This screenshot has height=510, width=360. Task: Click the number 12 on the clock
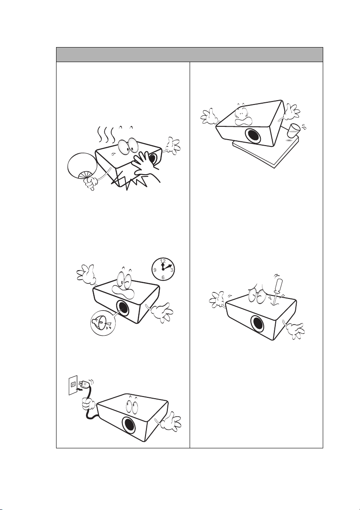[x=163, y=261]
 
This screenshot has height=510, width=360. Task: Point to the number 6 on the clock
[x=163, y=277]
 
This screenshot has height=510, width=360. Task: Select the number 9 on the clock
[x=155, y=270]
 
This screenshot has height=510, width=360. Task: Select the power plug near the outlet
[x=84, y=385]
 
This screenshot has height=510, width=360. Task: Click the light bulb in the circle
[x=101, y=325]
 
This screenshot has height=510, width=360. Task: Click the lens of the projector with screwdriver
[x=257, y=324]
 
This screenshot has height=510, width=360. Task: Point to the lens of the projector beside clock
[x=123, y=308]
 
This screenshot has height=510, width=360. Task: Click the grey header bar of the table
[x=190, y=55]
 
